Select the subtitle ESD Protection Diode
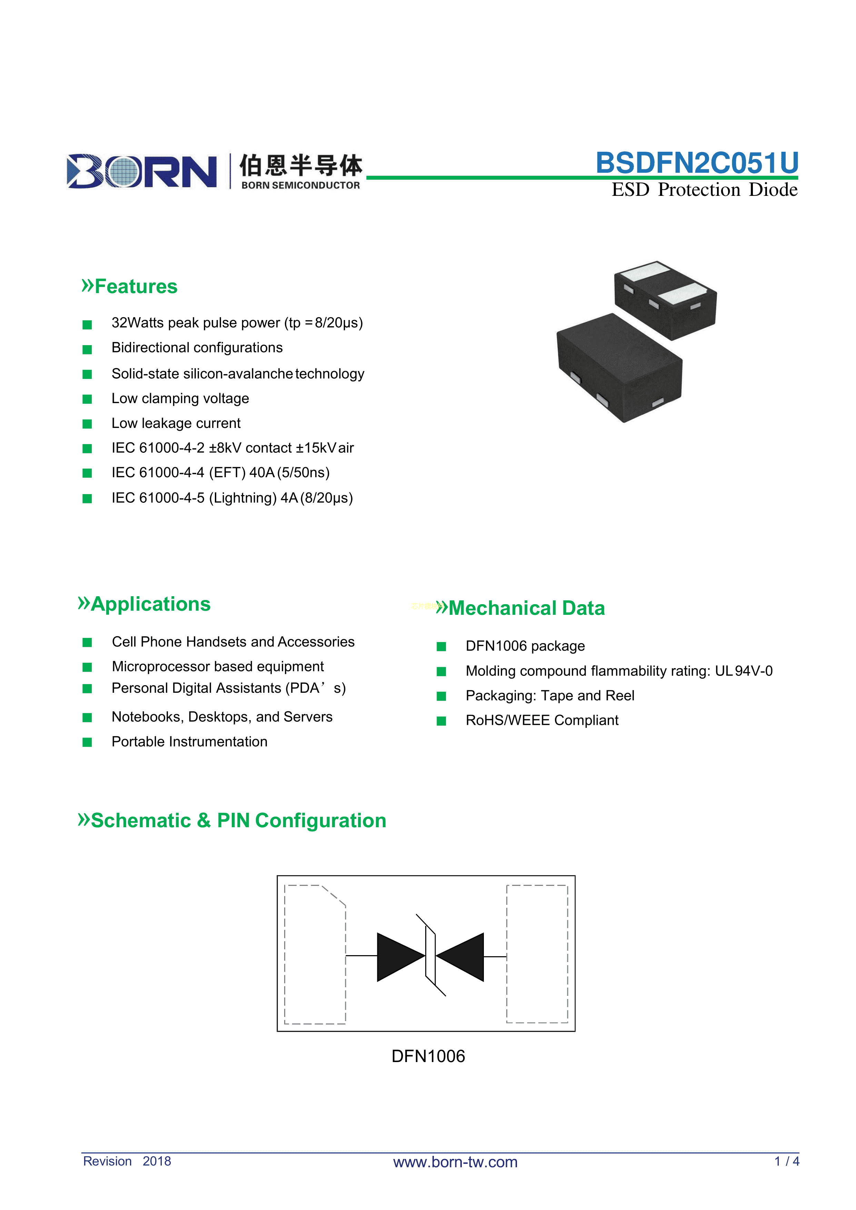tap(704, 190)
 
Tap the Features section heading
tap(136, 287)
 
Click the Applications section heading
tap(150, 604)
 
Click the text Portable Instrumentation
tap(189, 742)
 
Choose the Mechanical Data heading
tap(526, 608)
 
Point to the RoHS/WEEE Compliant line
tap(542, 720)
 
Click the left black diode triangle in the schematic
tap(399, 957)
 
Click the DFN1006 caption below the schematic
tap(428, 1056)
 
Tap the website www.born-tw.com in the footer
tap(455, 1162)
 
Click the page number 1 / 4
tap(786, 1161)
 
